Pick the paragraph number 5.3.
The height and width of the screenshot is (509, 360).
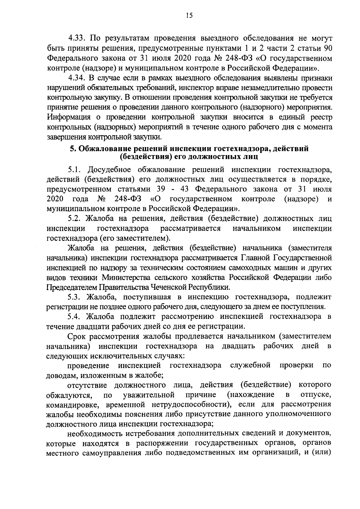[x=76, y=297]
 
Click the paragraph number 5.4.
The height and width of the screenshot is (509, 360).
[x=76, y=316]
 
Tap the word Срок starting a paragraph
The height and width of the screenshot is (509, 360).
[x=77, y=336]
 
